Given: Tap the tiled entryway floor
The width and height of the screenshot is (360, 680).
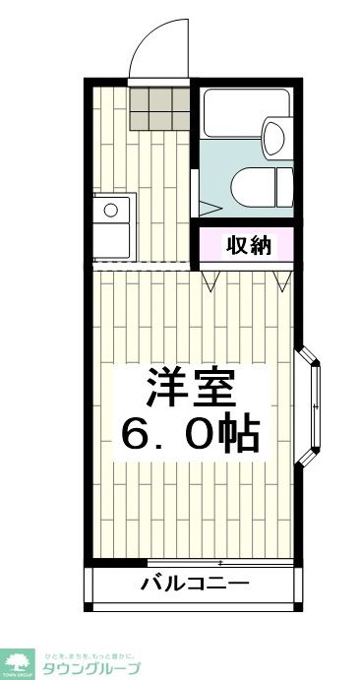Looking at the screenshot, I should click(x=157, y=108).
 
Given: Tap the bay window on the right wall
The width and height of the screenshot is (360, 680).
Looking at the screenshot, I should click(x=313, y=404).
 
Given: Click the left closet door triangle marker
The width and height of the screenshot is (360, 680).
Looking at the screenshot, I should click(x=210, y=281).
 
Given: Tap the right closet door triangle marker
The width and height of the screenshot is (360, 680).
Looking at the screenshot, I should click(x=283, y=281).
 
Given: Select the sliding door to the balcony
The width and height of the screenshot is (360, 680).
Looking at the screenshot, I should click(x=216, y=564).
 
